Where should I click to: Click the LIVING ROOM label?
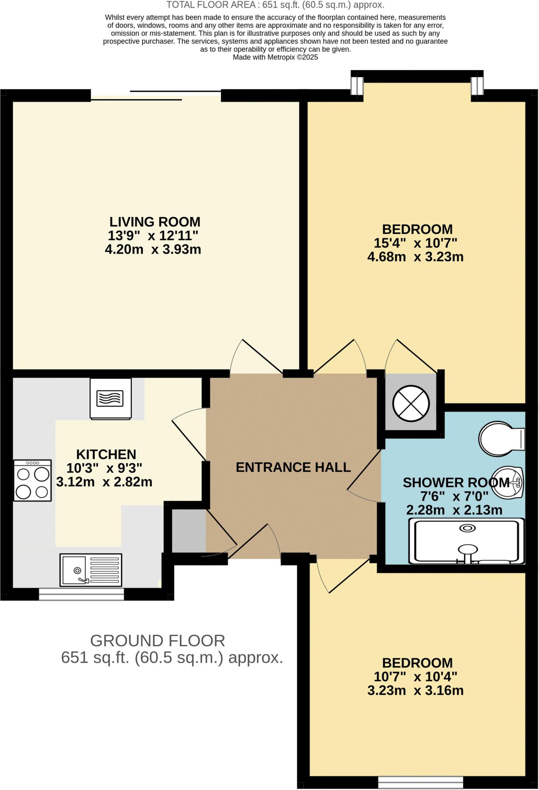(155, 222)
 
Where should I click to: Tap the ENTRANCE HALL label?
(293, 468)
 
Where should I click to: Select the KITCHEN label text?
(106, 454)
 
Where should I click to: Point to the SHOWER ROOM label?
(456, 483)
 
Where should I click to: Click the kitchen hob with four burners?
(33, 480)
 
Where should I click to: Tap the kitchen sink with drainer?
(91, 570)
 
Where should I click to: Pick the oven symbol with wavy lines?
(111, 398)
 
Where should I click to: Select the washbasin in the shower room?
(509, 482)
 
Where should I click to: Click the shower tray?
(467, 541)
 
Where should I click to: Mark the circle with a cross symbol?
(411, 404)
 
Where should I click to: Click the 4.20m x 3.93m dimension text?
(153, 250)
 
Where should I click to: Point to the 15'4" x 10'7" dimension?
(416, 243)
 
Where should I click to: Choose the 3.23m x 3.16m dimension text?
(416, 690)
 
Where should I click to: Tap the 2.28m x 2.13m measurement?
(455, 510)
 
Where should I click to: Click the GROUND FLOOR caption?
(158, 641)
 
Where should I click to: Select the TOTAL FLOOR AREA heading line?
(275, 5)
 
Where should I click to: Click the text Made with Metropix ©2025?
(275, 57)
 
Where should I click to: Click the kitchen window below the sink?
(82, 594)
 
